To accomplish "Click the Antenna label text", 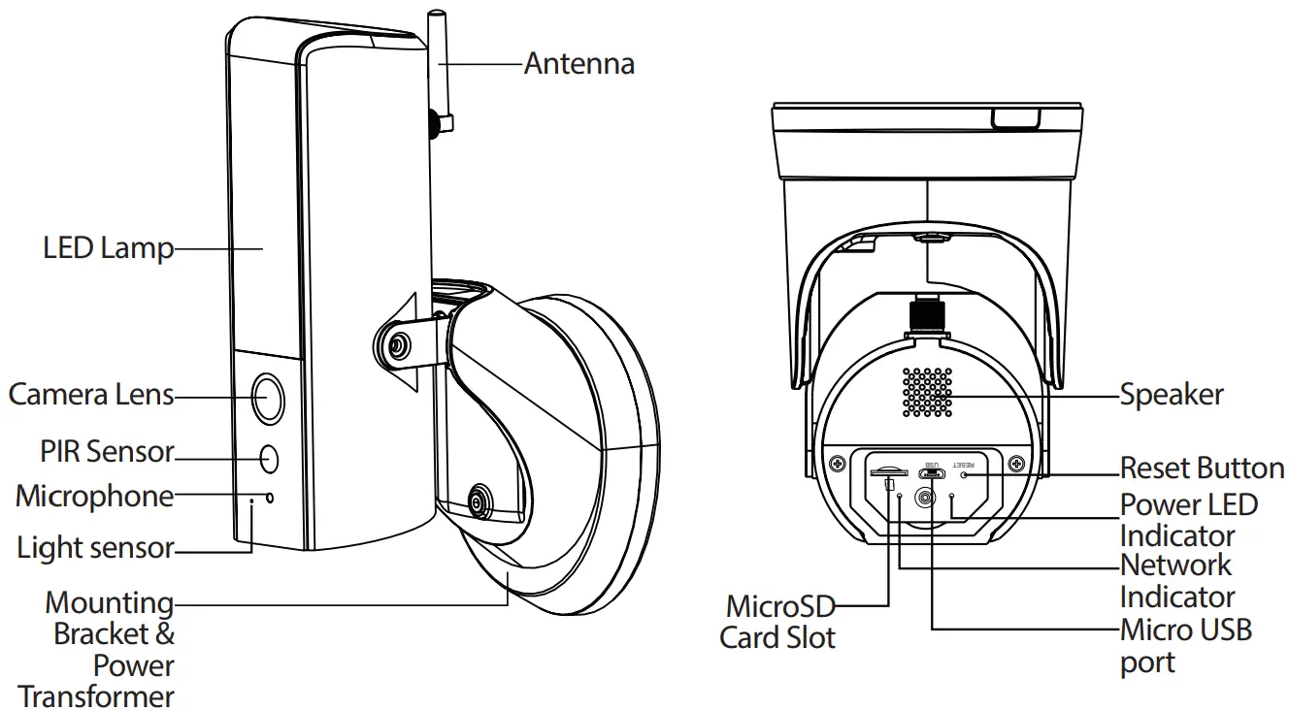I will coord(578,64).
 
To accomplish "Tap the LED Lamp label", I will coord(108,248).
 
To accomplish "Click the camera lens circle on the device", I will coord(269,396).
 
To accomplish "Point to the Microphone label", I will coord(94,497).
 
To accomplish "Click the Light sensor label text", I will coord(95,548).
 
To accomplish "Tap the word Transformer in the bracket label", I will coord(96,696).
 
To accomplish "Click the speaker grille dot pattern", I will coord(927,393).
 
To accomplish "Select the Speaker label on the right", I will coord(1171,395).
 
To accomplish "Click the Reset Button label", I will coord(1202,468).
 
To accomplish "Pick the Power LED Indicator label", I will coord(1188,520).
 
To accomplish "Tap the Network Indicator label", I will coord(1176,580).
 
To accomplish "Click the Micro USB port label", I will coord(1185,645).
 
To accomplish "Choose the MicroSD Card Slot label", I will coord(778,622).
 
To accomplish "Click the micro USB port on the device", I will coord(932,472).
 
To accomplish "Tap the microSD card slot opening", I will coord(888,473).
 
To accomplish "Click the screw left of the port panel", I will coord(834,464).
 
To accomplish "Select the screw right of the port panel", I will coord(1015,464).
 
